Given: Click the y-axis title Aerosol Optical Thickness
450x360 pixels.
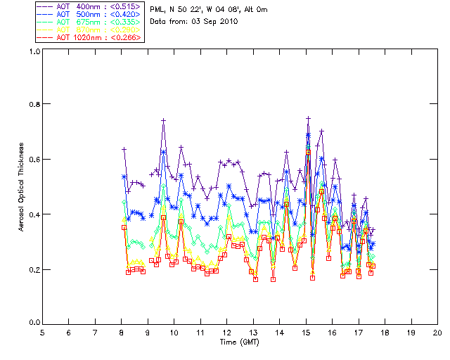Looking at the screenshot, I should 22,187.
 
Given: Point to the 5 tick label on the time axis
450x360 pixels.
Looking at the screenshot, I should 42,333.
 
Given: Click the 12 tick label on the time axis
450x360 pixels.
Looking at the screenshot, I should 226,333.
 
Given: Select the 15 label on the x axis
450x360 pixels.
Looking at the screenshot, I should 306,333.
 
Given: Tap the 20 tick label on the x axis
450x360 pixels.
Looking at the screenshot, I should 437,333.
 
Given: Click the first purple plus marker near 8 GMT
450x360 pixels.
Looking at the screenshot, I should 124,149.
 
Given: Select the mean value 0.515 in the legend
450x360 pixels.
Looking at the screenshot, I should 127,6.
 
